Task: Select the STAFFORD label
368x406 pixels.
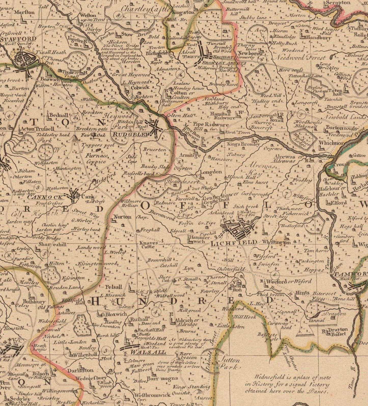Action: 18,39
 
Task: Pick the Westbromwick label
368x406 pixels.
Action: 152,395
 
